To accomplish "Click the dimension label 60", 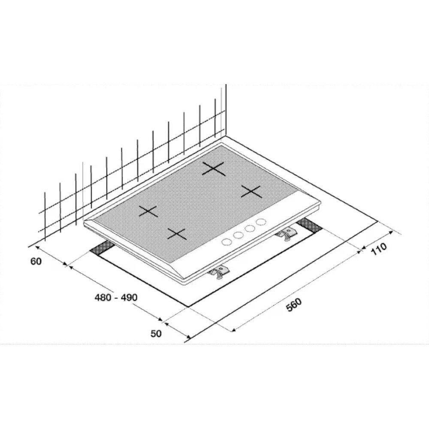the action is (x=36, y=261).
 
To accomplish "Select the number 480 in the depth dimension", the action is (x=103, y=297).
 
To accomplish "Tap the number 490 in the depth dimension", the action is (x=128, y=297).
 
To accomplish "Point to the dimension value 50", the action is (x=156, y=333).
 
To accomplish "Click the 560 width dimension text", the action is (x=294, y=305).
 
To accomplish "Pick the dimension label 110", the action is (x=379, y=248).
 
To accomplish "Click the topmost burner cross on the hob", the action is (x=214, y=169).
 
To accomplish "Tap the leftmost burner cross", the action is (x=148, y=211).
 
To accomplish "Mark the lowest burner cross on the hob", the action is (x=177, y=233).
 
